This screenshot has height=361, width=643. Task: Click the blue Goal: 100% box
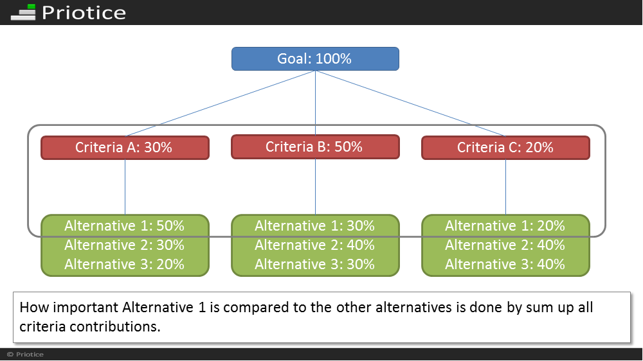tap(315, 58)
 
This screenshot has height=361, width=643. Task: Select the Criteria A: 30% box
tap(125, 148)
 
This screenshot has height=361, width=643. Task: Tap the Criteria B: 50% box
tap(315, 146)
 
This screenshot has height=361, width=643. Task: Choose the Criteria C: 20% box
tap(505, 148)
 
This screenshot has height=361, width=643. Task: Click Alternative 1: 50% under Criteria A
tap(124, 225)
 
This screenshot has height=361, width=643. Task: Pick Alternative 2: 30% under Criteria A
tap(124, 245)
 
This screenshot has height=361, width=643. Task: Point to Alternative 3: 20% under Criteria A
tap(124, 264)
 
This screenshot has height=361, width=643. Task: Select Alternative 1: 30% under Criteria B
tap(314, 225)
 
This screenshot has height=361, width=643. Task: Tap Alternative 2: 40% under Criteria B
tap(314, 245)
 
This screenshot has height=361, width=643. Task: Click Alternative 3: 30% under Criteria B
tap(314, 264)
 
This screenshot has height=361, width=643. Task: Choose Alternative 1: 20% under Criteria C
tap(505, 225)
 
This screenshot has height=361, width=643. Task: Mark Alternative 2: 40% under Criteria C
tap(505, 245)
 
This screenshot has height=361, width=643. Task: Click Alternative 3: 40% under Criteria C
tap(505, 264)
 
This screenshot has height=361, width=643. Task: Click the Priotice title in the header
tap(84, 13)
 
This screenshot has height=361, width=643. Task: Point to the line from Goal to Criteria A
tap(220, 103)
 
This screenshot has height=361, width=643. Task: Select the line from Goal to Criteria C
tap(410, 103)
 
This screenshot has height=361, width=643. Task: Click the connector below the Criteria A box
tap(125, 187)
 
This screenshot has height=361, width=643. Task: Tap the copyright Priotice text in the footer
tap(26, 355)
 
